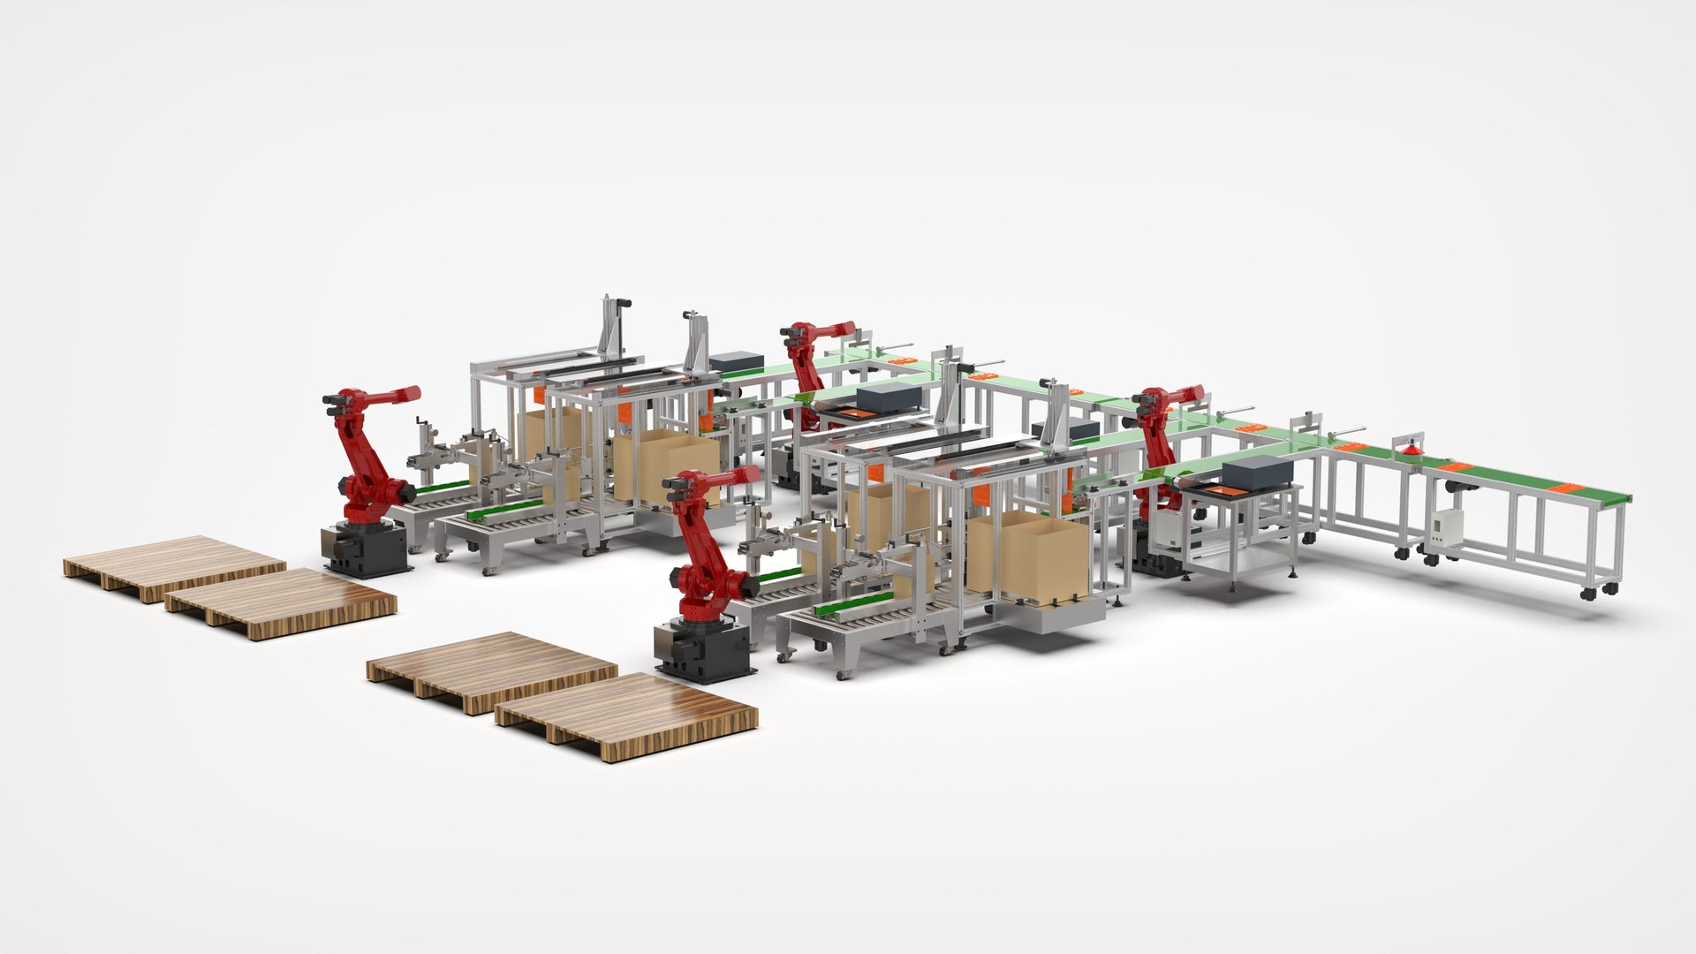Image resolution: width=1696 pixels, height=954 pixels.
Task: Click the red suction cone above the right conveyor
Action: click(x=1412, y=450)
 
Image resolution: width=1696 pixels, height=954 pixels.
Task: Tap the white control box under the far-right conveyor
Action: click(x=1449, y=526)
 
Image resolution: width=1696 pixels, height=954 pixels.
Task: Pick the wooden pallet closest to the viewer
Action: click(x=627, y=713)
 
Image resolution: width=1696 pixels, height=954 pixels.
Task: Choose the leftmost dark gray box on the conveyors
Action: click(x=736, y=361)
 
